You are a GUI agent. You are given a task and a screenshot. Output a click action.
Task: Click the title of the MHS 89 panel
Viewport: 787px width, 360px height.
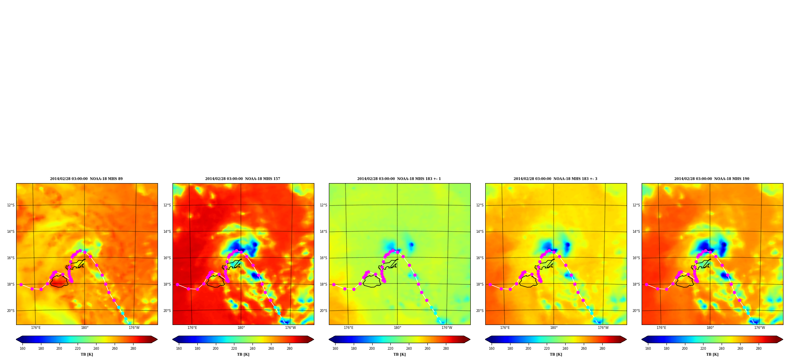tap(86, 179)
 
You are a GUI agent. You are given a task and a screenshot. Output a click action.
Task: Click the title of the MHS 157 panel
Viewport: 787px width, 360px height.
tap(243, 179)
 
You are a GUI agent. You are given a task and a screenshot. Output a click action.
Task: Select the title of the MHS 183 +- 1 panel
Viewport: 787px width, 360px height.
tap(399, 179)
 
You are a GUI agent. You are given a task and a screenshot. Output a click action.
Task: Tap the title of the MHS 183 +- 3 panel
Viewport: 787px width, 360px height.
tap(555, 179)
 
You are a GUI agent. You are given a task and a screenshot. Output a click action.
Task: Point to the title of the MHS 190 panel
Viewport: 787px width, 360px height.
tap(712, 179)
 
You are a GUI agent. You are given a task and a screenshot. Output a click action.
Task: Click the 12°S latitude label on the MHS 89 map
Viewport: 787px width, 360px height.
tap(11, 205)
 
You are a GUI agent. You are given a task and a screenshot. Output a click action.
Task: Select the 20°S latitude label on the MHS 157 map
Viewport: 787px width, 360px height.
tap(167, 311)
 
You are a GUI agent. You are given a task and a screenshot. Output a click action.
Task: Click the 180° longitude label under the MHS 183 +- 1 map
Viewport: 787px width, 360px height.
tap(397, 328)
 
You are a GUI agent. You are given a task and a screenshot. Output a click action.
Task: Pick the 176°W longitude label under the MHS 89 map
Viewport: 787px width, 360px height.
tap(134, 328)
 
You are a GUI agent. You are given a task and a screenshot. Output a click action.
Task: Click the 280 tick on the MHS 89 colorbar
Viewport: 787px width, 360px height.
tap(133, 349)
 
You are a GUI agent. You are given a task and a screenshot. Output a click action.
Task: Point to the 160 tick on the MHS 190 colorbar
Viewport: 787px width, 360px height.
tap(648, 349)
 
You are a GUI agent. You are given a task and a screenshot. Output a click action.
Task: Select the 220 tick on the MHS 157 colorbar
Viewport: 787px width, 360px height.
tap(234, 349)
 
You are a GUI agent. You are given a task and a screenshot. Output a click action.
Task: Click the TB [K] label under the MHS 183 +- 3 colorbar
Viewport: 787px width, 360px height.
tap(556, 354)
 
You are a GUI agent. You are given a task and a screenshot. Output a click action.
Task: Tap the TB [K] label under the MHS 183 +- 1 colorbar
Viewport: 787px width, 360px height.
tap(399, 354)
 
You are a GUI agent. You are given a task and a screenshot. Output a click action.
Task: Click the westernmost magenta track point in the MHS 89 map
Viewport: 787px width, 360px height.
tap(21, 284)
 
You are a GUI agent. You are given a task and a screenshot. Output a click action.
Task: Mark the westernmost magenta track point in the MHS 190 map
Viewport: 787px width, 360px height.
tap(646, 284)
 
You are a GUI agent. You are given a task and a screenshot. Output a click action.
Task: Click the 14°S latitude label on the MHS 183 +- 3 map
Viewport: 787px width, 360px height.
tap(480, 232)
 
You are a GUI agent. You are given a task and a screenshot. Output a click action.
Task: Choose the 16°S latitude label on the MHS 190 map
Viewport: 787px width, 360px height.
tap(637, 258)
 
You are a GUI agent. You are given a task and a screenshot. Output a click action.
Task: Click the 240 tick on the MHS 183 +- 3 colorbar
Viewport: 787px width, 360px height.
tap(565, 349)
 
